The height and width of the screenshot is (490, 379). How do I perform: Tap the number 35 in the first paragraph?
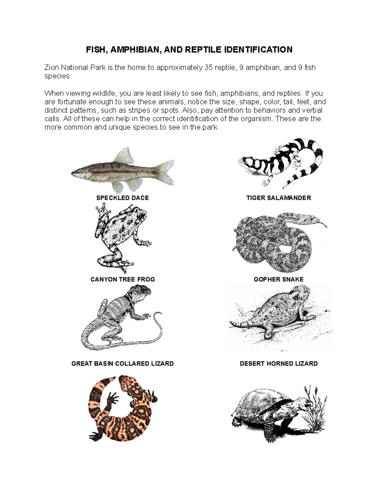tap(208, 68)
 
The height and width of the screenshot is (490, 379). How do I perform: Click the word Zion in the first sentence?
tap(51, 68)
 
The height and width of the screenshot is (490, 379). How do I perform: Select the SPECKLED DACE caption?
tap(123, 198)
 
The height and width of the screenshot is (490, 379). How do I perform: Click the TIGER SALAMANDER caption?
tap(279, 198)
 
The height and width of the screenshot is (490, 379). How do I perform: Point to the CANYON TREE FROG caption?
tap(123, 279)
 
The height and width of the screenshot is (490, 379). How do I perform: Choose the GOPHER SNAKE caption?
tap(279, 279)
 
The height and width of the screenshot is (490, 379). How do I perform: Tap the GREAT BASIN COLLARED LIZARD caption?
tap(123, 363)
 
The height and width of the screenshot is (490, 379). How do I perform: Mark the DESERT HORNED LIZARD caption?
tap(279, 363)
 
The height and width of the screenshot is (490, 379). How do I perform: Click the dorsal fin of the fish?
tap(124, 156)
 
